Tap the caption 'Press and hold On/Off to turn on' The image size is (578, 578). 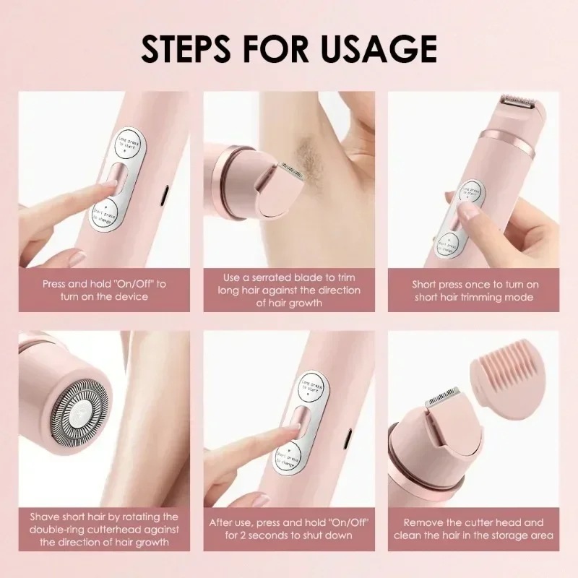[104, 290]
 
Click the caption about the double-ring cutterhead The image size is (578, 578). [104, 530]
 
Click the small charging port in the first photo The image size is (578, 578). [165, 194]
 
